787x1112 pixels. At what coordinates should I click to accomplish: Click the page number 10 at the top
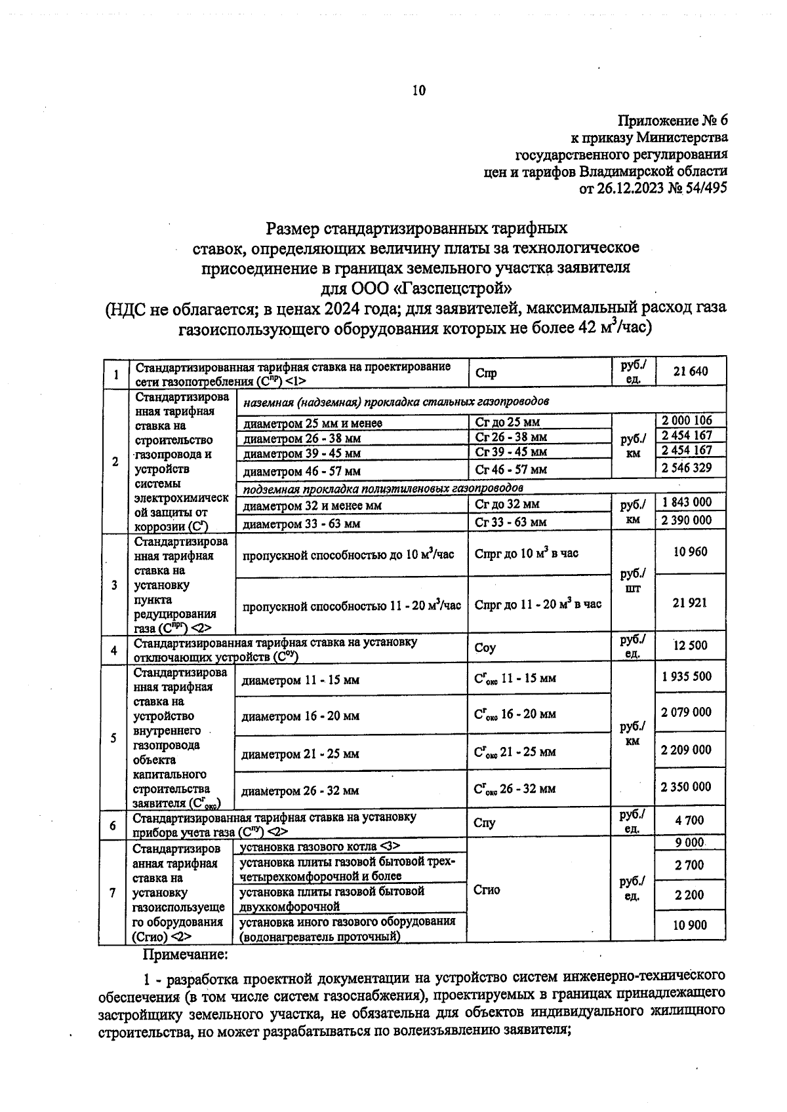click(x=419, y=90)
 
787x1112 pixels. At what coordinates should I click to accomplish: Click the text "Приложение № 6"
click(x=674, y=121)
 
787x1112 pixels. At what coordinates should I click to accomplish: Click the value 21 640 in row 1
click(x=691, y=372)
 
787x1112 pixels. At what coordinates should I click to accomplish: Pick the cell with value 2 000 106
click(x=687, y=420)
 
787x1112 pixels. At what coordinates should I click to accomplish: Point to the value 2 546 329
click(x=687, y=468)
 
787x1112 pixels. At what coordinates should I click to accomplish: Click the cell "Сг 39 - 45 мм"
click(x=511, y=452)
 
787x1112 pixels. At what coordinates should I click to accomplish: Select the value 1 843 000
click(x=687, y=502)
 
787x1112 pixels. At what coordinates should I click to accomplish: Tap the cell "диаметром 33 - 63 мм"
click(x=302, y=524)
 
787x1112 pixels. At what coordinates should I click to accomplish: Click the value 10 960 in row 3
click(x=691, y=552)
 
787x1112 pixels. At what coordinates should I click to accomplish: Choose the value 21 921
click(x=690, y=603)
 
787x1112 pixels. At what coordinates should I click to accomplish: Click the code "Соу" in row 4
click(x=485, y=648)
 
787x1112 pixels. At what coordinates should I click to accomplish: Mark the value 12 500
click(x=691, y=645)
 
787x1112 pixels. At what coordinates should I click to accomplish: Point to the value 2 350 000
click(x=686, y=786)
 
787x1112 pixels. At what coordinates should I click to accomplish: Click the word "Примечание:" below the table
click(x=185, y=954)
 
